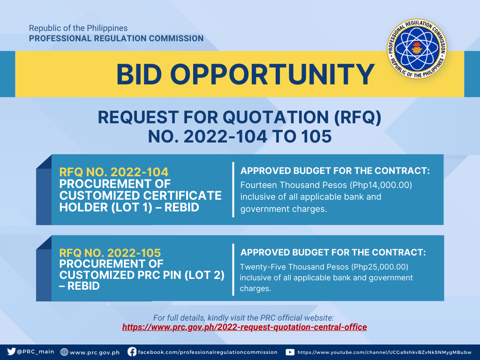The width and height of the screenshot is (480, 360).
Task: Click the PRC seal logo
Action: [x=417, y=49]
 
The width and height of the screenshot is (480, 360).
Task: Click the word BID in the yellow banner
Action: [x=139, y=75]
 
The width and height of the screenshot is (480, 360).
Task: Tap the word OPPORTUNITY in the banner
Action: [x=272, y=75]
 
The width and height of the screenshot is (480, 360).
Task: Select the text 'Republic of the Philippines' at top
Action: [x=78, y=28]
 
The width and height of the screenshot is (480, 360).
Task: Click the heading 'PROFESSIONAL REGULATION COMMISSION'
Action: [x=116, y=38]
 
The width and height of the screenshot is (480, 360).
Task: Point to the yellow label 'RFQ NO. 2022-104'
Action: [x=114, y=172]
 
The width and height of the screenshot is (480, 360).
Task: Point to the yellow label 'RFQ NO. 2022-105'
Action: [x=110, y=253]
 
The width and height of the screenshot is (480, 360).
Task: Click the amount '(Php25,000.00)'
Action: [x=380, y=267]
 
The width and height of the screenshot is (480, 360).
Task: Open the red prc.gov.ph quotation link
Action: [x=244, y=327]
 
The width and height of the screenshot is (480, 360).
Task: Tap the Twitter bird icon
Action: [x=11, y=352]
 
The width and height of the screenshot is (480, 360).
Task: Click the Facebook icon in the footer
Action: [x=132, y=352]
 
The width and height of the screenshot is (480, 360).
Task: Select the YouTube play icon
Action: [x=290, y=352]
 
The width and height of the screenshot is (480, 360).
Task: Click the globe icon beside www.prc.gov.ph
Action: [x=64, y=352]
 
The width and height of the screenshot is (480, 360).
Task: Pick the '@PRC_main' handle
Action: [x=36, y=352]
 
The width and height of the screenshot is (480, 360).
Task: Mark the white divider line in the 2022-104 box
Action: [x=233, y=189]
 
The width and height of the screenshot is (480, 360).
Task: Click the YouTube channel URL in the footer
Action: [x=384, y=352]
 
